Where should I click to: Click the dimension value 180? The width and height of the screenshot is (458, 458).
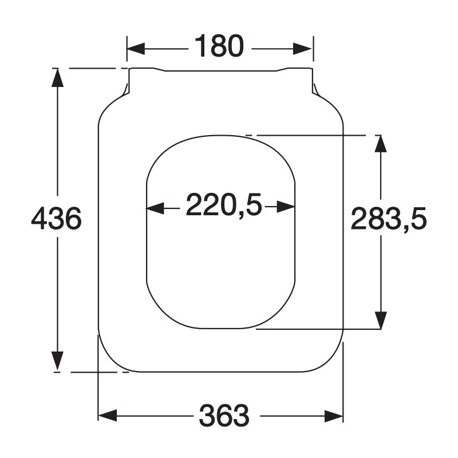(219, 46)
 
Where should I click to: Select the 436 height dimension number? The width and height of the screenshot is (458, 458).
(56, 218)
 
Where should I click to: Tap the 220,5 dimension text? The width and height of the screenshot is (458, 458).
(224, 205)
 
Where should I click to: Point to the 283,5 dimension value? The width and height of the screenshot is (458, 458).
(389, 219)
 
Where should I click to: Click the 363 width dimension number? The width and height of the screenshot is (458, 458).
(224, 416)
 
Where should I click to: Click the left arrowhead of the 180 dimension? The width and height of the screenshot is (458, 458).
(136, 49)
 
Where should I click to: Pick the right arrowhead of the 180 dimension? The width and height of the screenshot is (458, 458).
(303, 49)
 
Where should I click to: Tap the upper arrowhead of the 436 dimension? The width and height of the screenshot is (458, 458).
(57, 78)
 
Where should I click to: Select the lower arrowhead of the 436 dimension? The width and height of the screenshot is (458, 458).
(57, 361)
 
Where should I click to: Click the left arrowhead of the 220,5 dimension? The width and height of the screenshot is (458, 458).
(155, 208)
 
